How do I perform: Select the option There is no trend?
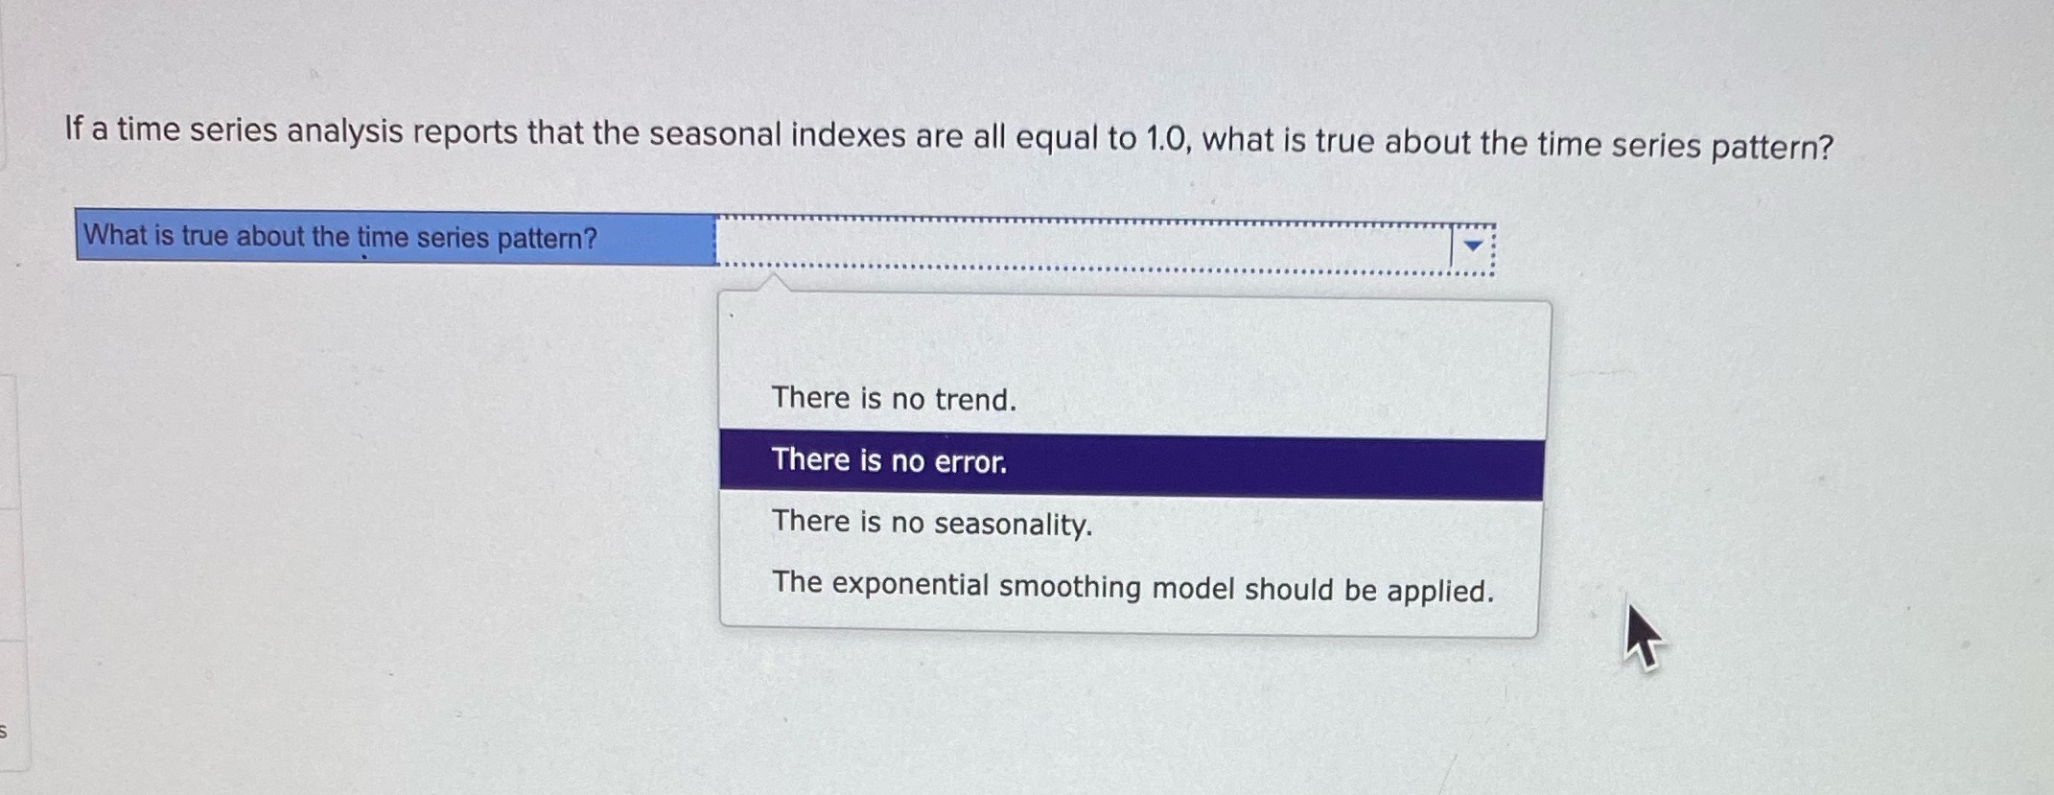(894, 399)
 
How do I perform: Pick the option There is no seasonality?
(932, 523)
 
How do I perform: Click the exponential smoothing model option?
(1132, 587)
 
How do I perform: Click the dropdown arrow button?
(1473, 246)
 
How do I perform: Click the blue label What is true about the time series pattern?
(396, 237)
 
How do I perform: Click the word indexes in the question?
(848, 137)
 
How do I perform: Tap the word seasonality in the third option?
(1013, 525)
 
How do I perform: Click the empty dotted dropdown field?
(1084, 245)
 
